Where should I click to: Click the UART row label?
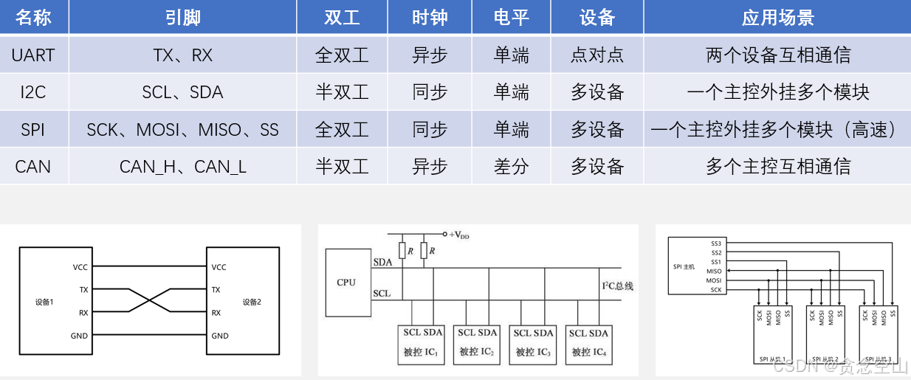[33, 55]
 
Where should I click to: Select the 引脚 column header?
[182, 18]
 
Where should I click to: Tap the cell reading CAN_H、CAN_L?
[182, 166]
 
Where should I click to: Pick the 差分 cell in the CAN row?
[511, 166]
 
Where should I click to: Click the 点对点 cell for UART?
[597, 55]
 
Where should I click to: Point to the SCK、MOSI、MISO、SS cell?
[182, 130]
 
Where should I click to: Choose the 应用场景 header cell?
[777, 18]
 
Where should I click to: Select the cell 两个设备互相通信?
[777, 55]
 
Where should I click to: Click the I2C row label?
[33, 92]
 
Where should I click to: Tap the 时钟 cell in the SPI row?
[430, 130]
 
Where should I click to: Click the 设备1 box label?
[44, 302]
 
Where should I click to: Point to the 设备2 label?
[252, 302]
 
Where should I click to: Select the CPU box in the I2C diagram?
[346, 282]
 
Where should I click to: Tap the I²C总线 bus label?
[618, 286]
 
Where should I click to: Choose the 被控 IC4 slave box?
[588, 344]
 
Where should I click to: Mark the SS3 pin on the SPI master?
[716, 243]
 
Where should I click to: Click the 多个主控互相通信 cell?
[777, 166]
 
